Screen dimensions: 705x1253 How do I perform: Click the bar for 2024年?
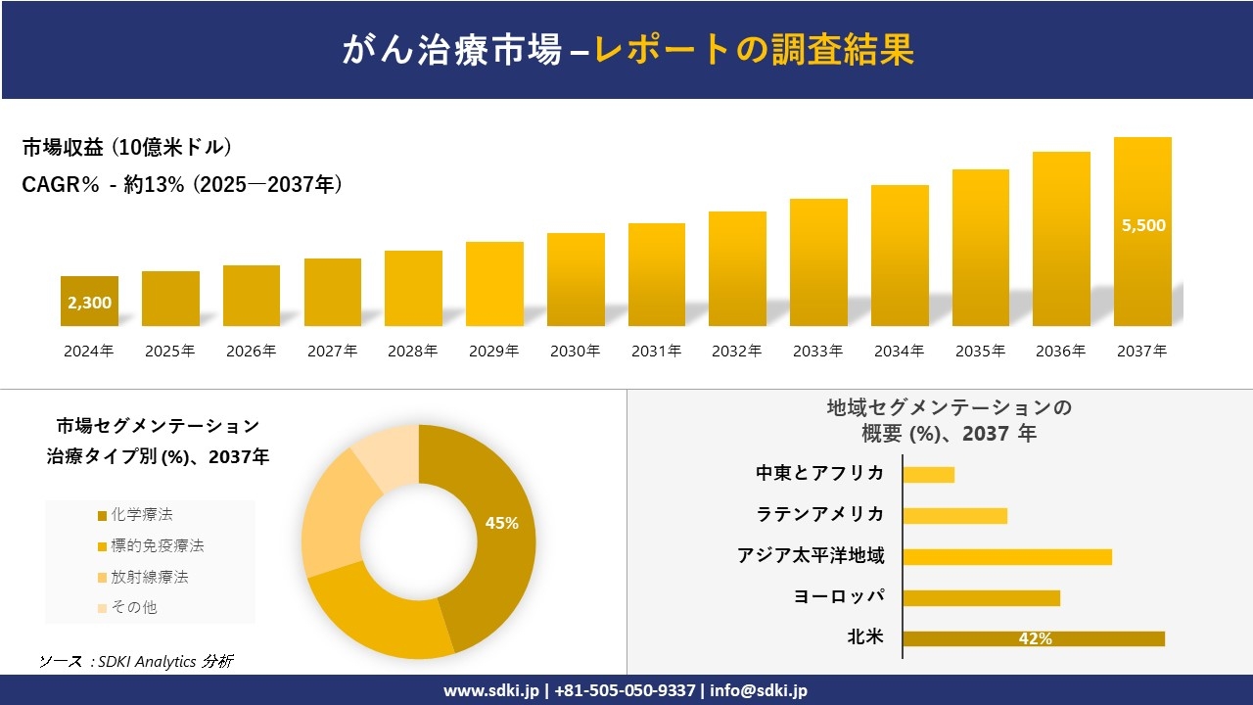click(x=89, y=302)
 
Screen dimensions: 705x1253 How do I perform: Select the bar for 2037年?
click(x=1142, y=232)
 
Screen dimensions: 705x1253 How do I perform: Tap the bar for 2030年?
click(x=576, y=280)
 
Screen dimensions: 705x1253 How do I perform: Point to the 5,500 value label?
click(x=1143, y=225)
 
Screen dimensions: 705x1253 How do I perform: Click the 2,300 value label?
click(x=89, y=303)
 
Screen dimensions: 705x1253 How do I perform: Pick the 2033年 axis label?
click(x=817, y=351)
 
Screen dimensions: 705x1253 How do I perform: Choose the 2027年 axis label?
click(x=332, y=351)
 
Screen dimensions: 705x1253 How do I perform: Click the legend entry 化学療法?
click(x=141, y=514)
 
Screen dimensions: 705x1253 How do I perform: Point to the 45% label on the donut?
click(x=501, y=523)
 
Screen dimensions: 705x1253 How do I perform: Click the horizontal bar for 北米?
click(x=1033, y=638)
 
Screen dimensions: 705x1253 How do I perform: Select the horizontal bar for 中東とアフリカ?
click(x=928, y=474)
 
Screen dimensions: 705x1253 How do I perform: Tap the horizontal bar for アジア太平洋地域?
click(x=1006, y=556)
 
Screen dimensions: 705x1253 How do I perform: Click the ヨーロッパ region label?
click(x=839, y=596)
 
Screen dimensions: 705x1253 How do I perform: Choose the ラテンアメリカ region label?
click(x=819, y=514)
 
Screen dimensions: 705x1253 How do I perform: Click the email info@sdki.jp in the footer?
click(x=760, y=690)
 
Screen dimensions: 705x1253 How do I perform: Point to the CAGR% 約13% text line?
click(x=182, y=185)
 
